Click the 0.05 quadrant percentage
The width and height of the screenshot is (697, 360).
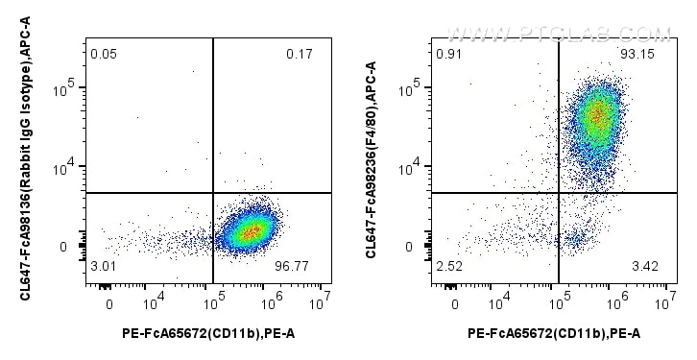click(x=104, y=54)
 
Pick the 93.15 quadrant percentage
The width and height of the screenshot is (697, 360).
click(x=641, y=54)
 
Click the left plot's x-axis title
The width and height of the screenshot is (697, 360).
click(x=207, y=332)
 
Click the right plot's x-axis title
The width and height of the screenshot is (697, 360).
click(x=553, y=332)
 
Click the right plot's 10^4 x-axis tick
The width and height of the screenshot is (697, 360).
click(x=497, y=304)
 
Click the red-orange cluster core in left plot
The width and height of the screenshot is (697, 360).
click(x=250, y=231)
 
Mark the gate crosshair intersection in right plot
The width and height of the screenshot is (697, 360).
click(x=559, y=193)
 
